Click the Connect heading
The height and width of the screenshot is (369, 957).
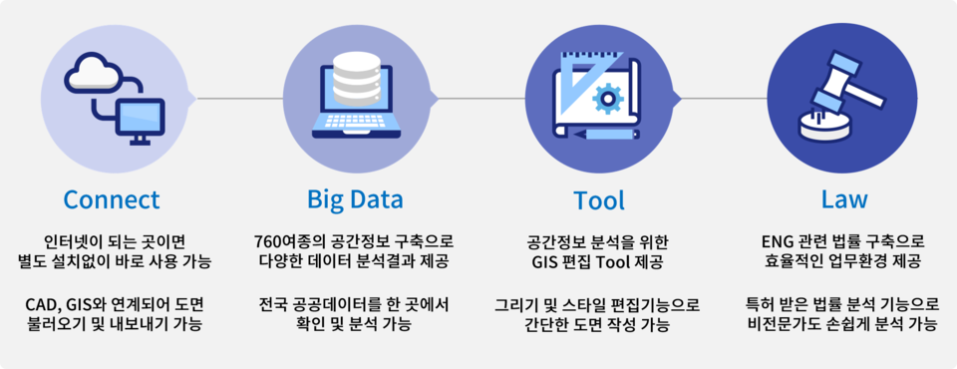112,199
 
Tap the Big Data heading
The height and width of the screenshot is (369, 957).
355,199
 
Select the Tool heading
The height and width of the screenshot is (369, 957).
599,199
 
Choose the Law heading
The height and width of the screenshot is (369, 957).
843,199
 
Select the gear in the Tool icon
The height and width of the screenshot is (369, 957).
606,98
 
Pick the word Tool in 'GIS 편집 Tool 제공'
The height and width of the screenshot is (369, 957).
620,262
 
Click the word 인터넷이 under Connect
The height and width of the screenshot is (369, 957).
74,241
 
